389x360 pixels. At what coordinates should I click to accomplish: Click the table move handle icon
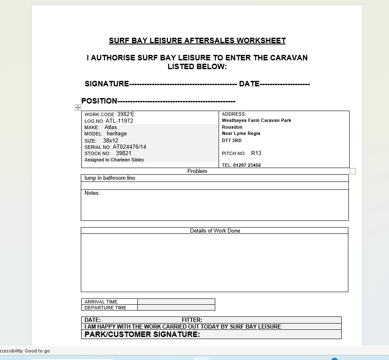coord(78,108)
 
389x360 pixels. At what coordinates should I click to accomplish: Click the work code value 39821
coord(124,114)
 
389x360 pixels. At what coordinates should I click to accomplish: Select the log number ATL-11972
coord(119,121)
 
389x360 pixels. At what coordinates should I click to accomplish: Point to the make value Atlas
coord(111,127)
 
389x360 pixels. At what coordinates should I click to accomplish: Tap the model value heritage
coord(116,133)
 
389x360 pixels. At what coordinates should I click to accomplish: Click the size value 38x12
coord(111,140)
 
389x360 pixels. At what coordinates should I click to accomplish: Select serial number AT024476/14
coord(129,147)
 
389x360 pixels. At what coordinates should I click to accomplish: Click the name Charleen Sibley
coord(127,160)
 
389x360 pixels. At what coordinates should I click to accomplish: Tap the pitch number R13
coord(256,153)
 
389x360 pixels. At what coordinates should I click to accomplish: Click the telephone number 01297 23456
coord(247,165)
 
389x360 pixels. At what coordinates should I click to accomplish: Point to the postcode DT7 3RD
coord(232,140)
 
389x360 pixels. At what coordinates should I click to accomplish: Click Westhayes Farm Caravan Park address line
coord(256,120)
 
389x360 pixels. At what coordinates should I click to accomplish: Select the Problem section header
coord(197,171)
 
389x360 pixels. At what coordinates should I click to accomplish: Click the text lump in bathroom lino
coord(110,178)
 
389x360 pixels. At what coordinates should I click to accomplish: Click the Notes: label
coord(92,193)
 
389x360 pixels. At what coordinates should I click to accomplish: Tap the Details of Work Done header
coord(215,231)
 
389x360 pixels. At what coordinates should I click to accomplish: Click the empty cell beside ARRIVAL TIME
coord(176,301)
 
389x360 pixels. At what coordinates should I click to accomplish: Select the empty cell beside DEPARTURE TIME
coord(176,307)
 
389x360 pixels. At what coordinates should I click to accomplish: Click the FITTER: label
coord(192,320)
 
